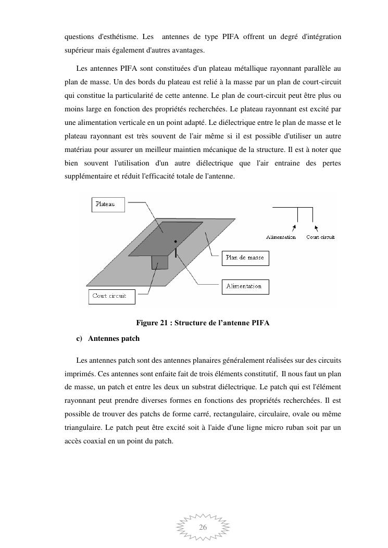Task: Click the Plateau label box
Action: click(x=109, y=205)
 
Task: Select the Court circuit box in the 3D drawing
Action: click(x=111, y=297)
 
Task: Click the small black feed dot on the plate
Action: click(x=176, y=241)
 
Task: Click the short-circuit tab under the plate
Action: click(x=160, y=262)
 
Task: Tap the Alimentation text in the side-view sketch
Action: click(x=281, y=237)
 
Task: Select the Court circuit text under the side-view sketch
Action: click(x=320, y=237)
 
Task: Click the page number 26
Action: click(x=203, y=527)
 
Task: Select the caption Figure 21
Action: click(x=203, y=323)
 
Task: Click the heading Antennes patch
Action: click(x=114, y=338)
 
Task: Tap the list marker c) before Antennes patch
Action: click(x=79, y=338)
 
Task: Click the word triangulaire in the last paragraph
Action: click(x=83, y=427)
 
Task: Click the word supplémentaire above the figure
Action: click(x=89, y=176)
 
